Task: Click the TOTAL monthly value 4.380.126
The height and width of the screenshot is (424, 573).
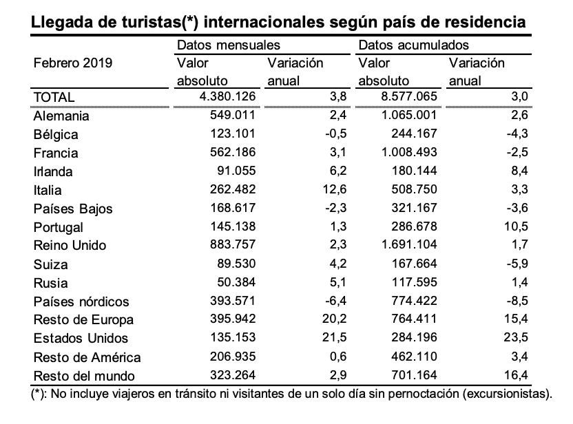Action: click(228, 96)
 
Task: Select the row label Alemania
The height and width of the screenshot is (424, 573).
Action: click(61, 116)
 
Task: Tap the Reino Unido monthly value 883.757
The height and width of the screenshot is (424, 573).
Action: click(233, 244)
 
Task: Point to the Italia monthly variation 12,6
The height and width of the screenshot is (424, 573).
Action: click(335, 189)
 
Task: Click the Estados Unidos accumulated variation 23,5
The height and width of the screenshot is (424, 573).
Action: click(516, 337)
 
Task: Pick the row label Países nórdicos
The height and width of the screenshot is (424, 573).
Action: click(81, 301)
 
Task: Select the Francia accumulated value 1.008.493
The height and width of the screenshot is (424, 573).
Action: click(409, 152)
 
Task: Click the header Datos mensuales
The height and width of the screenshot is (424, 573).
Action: click(229, 45)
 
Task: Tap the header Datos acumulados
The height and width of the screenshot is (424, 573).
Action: click(413, 45)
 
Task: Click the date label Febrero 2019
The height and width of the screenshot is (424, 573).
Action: click(73, 63)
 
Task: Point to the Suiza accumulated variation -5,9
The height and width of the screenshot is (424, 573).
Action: click(517, 264)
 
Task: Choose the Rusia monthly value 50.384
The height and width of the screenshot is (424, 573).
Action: click(236, 282)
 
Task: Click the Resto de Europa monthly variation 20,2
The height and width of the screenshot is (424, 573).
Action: click(335, 319)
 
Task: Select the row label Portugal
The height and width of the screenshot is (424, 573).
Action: click(58, 228)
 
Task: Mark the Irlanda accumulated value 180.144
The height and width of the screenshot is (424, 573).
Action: click(414, 171)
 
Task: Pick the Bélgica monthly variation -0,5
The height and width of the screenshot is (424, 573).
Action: click(336, 134)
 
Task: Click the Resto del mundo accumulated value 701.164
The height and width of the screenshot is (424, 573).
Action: click(414, 375)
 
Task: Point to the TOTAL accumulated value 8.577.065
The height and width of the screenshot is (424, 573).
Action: click(409, 96)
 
